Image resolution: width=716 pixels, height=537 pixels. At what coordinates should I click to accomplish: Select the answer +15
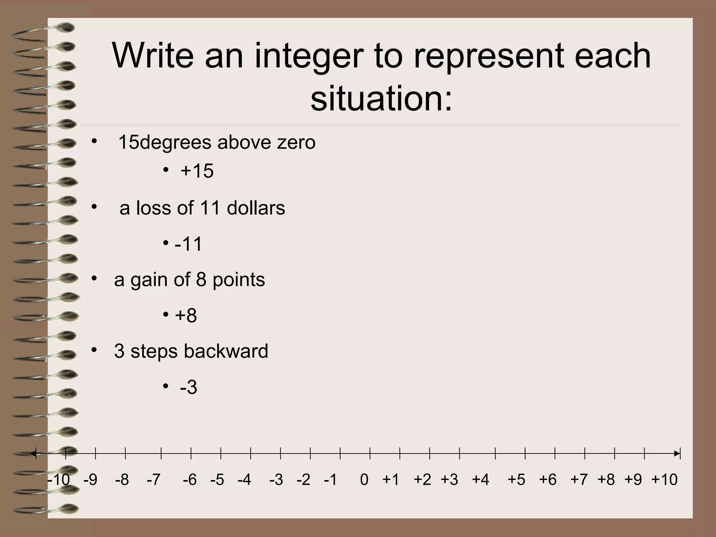[197, 171]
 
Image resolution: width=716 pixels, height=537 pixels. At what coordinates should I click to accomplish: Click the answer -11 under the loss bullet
[188, 244]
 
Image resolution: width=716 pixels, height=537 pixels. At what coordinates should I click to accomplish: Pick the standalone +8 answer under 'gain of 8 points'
[186, 315]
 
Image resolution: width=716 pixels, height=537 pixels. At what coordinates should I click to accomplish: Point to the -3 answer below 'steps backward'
[189, 387]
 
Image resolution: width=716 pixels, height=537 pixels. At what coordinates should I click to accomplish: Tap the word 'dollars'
[256, 208]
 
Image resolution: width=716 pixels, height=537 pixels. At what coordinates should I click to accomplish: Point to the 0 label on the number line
[364, 480]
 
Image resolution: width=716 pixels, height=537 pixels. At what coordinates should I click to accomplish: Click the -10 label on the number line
[59, 480]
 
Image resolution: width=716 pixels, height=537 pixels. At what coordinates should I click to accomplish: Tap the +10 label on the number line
[664, 480]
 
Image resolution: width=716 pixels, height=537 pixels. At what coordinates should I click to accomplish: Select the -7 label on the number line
[153, 480]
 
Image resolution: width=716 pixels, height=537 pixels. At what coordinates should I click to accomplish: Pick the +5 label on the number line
[516, 480]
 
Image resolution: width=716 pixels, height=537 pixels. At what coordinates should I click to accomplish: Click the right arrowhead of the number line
[677, 454]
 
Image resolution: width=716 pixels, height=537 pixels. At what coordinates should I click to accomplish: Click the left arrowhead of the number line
[33, 454]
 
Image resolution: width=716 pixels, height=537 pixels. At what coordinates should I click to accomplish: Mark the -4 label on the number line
[244, 480]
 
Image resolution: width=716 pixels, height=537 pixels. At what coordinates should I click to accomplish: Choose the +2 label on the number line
[422, 480]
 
